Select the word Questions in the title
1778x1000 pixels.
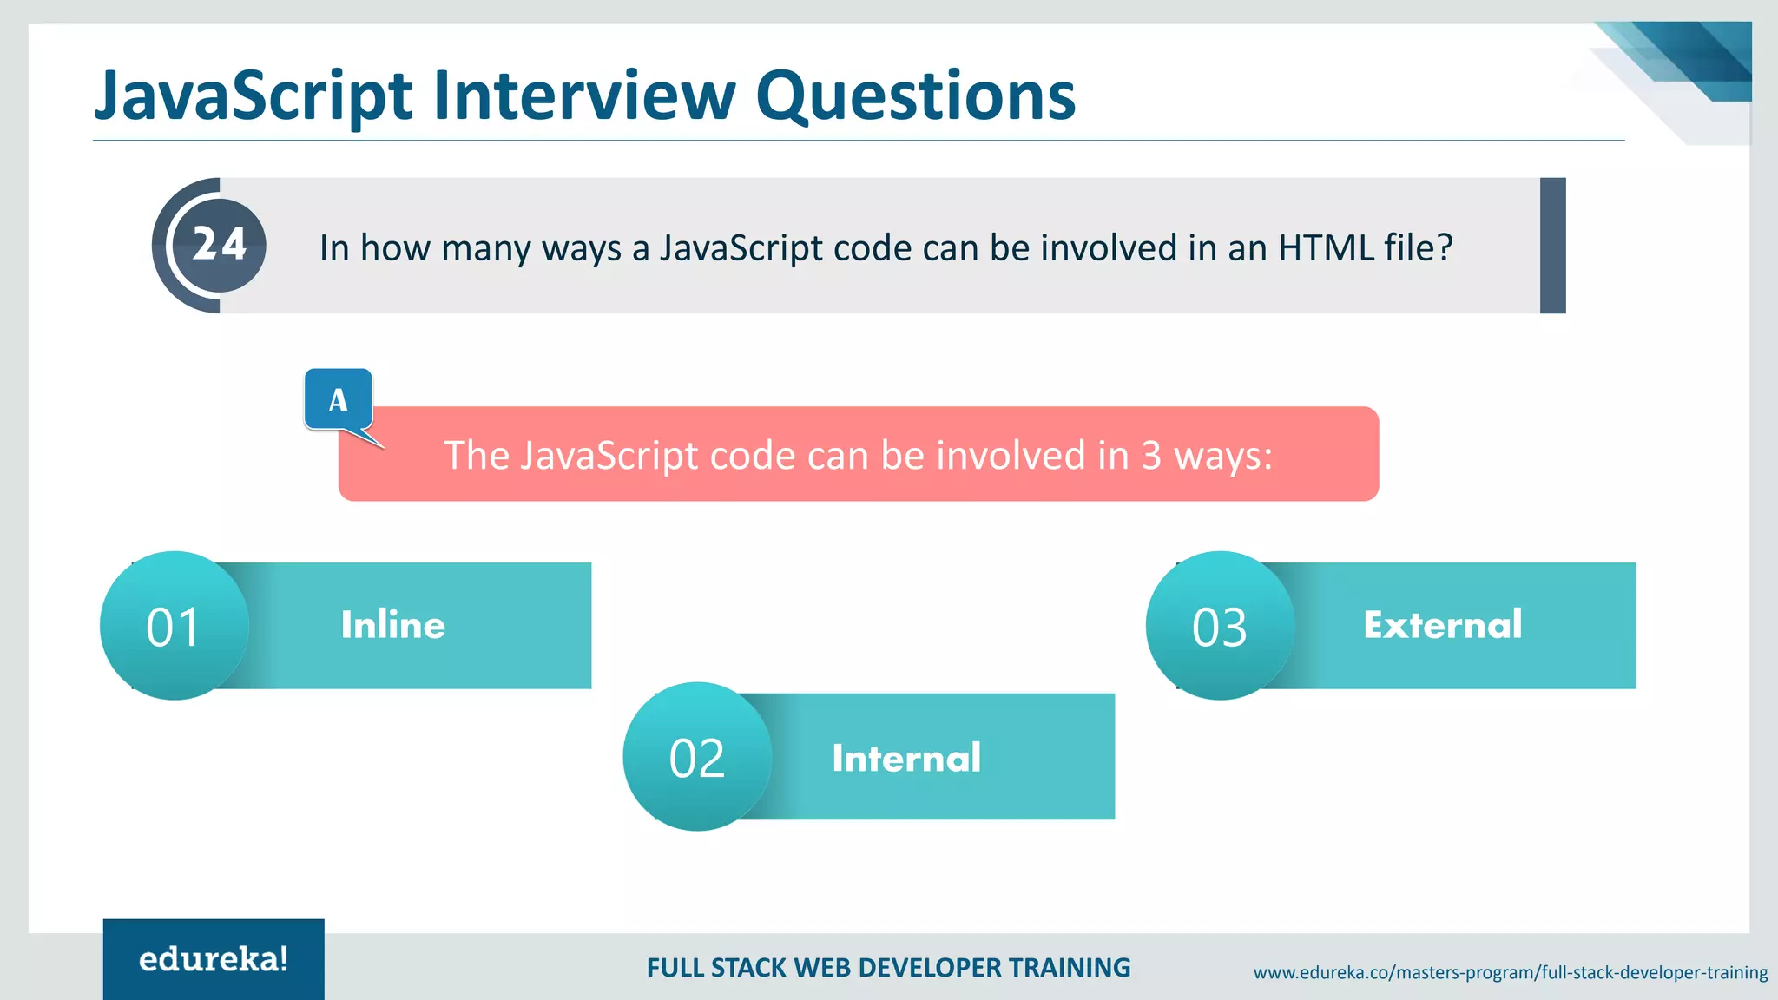915,97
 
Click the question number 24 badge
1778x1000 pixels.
219,245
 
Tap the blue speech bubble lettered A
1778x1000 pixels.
339,399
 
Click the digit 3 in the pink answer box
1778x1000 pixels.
1150,456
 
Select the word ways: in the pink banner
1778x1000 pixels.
1223,456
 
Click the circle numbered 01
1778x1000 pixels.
175,626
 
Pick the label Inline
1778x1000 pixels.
392,625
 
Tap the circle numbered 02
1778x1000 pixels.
697,757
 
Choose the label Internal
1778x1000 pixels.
906,758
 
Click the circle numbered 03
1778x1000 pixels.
1220,626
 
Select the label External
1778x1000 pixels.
1442,625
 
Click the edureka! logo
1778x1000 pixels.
214,959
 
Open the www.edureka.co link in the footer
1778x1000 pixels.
1510,972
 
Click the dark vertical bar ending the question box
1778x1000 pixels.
1552,246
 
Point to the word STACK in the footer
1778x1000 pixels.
749,968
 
